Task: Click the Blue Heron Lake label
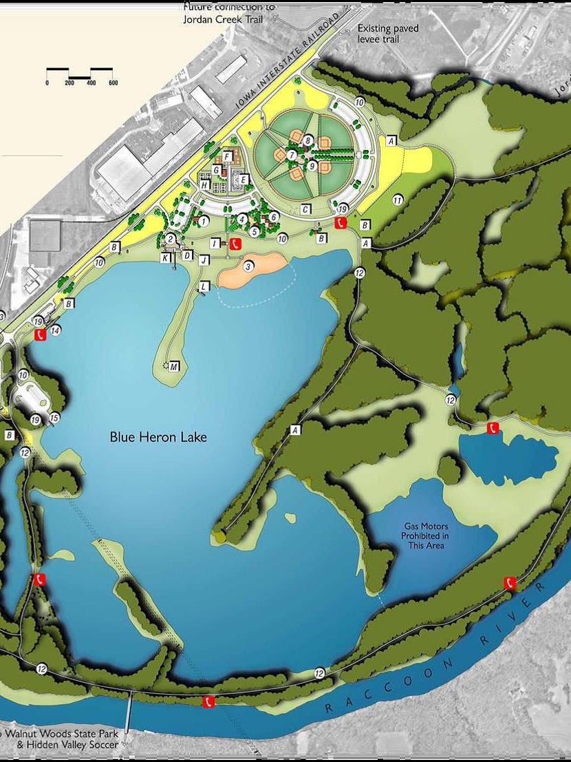click(x=158, y=437)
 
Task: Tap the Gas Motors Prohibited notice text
click(x=427, y=536)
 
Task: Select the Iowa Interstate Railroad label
click(x=289, y=60)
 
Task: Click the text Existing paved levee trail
click(x=388, y=34)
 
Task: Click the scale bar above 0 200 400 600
click(x=80, y=71)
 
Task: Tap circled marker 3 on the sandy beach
click(x=248, y=264)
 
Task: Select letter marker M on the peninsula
click(x=175, y=366)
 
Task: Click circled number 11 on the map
click(x=397, y=200)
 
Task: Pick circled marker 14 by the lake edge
click(x=56, y=330)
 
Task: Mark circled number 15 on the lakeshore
click(x=54, y=418)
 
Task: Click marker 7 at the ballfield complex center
click(x=292, y=156)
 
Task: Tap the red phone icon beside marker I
click(x=235, y=243)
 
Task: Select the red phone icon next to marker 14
click(x=41, y=335)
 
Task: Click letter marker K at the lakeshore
click(x=165, y=257)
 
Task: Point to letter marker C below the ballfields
click(x=305, y=209)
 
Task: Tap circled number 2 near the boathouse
click(x=170, y=238)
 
